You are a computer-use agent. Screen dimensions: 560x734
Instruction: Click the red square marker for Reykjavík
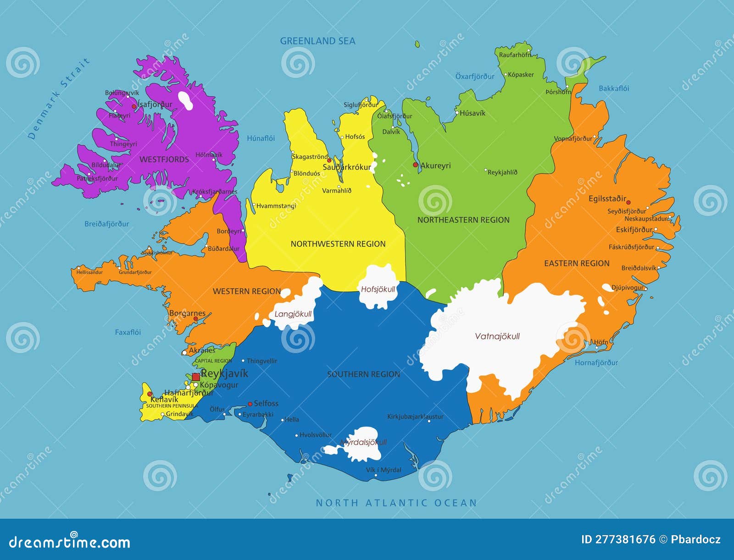pyautogui.click(x=196, y=377)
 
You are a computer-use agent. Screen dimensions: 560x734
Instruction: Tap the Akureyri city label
pyautogui.click(x=435, y=166)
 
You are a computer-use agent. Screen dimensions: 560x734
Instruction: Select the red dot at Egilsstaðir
pyautogui.click(x=628, y=202)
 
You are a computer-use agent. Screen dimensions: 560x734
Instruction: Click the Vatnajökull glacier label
pyautogui.click(x=497, y=336)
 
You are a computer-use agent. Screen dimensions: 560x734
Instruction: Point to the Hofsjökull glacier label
pyautogui.click(x=378, y=289)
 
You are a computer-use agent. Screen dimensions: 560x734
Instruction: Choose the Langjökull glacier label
pyautogui.click(x=293, y=314)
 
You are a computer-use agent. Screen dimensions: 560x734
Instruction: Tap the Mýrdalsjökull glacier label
pyautogui.click(x=363, y=442)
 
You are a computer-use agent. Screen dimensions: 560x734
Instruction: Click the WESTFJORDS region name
pyautogui.click(x=164, y=160)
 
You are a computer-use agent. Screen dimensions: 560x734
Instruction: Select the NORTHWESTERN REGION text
pyautogui.click(x=338, y=244)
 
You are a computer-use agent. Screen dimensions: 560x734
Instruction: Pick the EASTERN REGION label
pyautogui.click(x=577, y=263)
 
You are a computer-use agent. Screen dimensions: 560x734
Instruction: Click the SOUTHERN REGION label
pyautogui.click(x=363, y=374)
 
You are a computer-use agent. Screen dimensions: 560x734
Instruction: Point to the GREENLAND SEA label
pyautogui.click(x=317, y=41)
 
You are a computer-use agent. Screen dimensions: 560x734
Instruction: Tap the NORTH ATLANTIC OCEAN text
pyautogui.click(x=396, y=503)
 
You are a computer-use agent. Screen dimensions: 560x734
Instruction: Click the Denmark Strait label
pyautogui.click(x=58, y=99)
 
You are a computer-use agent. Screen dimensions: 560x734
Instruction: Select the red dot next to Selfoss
pyautogui.click(x=250, y=404)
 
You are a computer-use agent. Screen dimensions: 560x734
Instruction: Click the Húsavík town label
pyautogui.click(x=472, y=113)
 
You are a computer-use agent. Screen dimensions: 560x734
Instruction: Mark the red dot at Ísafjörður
pyautogui.click(x=134, y=106)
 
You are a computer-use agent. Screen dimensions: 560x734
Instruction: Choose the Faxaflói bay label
pyautogui.click(x=128, y=332)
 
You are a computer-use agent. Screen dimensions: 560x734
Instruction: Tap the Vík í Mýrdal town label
pyautogui.click(x=384, y=470)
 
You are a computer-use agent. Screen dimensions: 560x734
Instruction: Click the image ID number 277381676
pyautogui.click(x=618, y=539)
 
